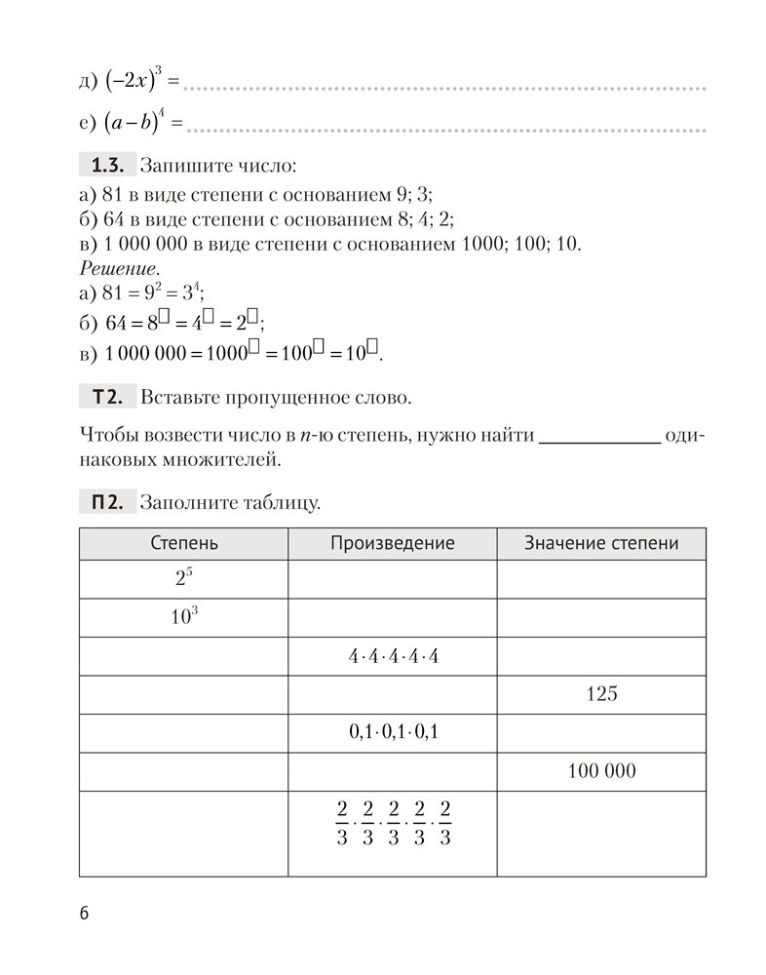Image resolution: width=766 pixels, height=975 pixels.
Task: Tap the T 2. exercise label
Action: (x=104, y=397)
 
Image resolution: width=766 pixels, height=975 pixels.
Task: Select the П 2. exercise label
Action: (x=104, y=504)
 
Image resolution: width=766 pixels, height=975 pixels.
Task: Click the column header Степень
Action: (x=183, y=544)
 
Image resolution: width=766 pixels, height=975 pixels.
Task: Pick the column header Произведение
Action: (x=392, y=544)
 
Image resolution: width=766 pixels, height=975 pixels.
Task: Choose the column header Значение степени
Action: (x=600, y=544)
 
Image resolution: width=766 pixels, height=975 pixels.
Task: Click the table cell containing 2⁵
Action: (x=183, y=579)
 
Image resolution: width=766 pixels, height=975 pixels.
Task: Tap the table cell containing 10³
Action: (x=183, y=618)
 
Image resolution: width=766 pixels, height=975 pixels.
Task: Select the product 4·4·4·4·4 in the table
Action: (x=393, y=657)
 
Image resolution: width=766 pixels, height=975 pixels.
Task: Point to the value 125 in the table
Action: (x=601, y=695)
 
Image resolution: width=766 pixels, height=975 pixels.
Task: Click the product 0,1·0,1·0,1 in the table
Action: (x=393, y=733)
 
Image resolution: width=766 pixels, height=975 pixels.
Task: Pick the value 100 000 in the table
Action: (x=601, y=771)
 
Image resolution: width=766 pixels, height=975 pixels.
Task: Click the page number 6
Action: (x=84, y=914)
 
